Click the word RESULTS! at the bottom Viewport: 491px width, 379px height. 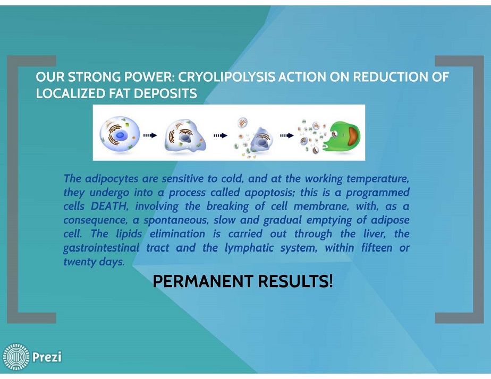click(295, 281)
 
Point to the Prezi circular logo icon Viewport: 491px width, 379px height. click(16, 357)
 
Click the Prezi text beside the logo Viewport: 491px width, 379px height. click(47, 357)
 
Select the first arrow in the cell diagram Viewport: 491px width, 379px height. click(150, 135)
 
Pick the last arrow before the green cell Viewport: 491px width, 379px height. click(287, 135)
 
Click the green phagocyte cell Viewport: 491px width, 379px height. click(342, 136)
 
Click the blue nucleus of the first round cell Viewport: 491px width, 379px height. click(120, 135)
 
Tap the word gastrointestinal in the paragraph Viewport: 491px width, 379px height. click(101, 248)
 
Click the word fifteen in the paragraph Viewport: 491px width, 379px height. click(377, 248)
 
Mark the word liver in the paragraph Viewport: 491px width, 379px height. click(375, 234)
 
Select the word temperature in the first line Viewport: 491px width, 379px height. click(378, 179)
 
